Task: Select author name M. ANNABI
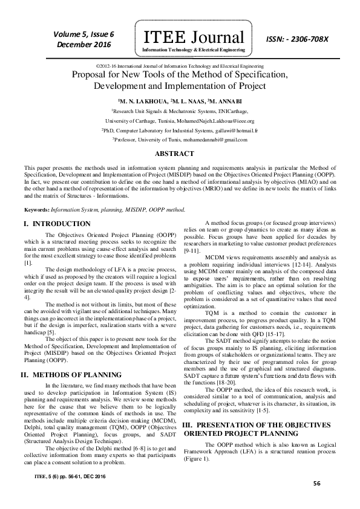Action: (x=223, y=102)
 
